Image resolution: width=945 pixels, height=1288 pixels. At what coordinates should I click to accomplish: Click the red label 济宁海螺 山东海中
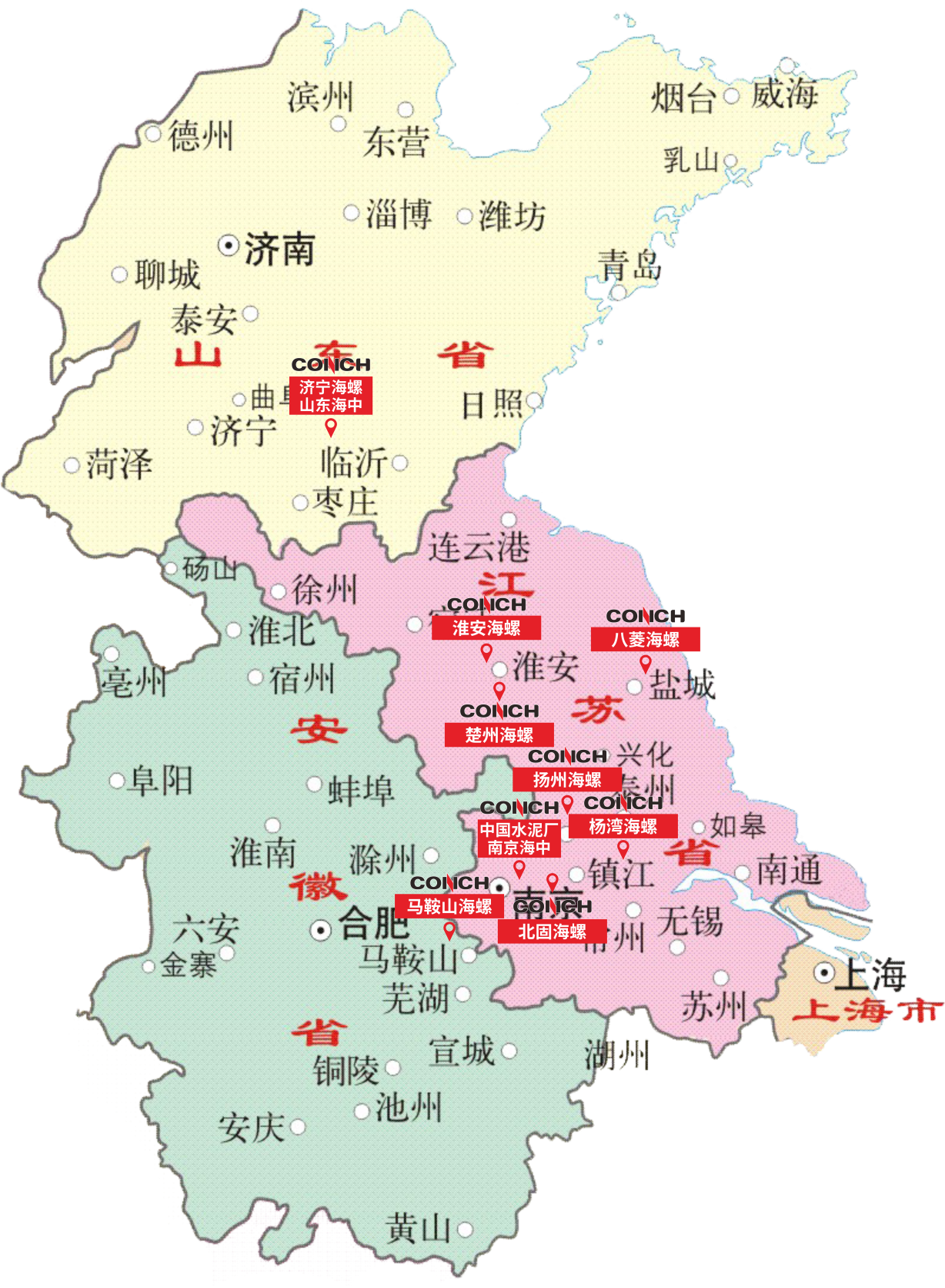click(x=331, y=396)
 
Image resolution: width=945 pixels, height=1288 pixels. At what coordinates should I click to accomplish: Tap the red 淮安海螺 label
click(x=486, y=628)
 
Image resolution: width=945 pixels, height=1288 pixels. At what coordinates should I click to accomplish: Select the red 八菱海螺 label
click(x=646, y=639)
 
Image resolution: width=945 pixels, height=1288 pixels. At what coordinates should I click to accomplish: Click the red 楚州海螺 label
click(x=499, y=734)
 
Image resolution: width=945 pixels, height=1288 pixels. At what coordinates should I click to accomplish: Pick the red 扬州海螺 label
click(x=567, y=780)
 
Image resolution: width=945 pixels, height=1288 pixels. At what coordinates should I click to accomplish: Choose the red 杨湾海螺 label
click(x=623, y=826)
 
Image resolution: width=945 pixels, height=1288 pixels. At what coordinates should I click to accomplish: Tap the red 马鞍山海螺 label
click(x=449, y=906)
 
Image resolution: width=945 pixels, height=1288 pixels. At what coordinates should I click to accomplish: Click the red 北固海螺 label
click(x=553, y=932)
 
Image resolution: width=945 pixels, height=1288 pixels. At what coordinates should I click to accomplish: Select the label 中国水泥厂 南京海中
click(x=519, y=838)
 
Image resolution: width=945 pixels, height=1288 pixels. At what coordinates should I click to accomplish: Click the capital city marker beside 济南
click(x=229, y=246)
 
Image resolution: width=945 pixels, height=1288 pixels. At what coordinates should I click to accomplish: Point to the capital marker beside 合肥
click(x=320, y=930)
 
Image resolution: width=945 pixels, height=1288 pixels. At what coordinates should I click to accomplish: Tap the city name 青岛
click(x=629, y=266)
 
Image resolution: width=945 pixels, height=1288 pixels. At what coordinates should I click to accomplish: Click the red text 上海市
click(x=867, y=1011)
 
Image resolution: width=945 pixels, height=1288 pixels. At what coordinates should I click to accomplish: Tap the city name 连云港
click(x=479, y=547)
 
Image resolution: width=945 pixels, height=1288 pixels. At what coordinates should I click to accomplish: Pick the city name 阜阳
click(x=161, y=781)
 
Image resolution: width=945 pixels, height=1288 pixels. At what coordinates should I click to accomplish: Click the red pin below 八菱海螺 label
click(x=646, y=663)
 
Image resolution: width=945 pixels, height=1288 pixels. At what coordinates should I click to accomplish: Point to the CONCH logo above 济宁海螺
click(x=331, y=365)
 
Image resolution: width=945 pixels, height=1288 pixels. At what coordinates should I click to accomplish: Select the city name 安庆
click(x=251, y=1129)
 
